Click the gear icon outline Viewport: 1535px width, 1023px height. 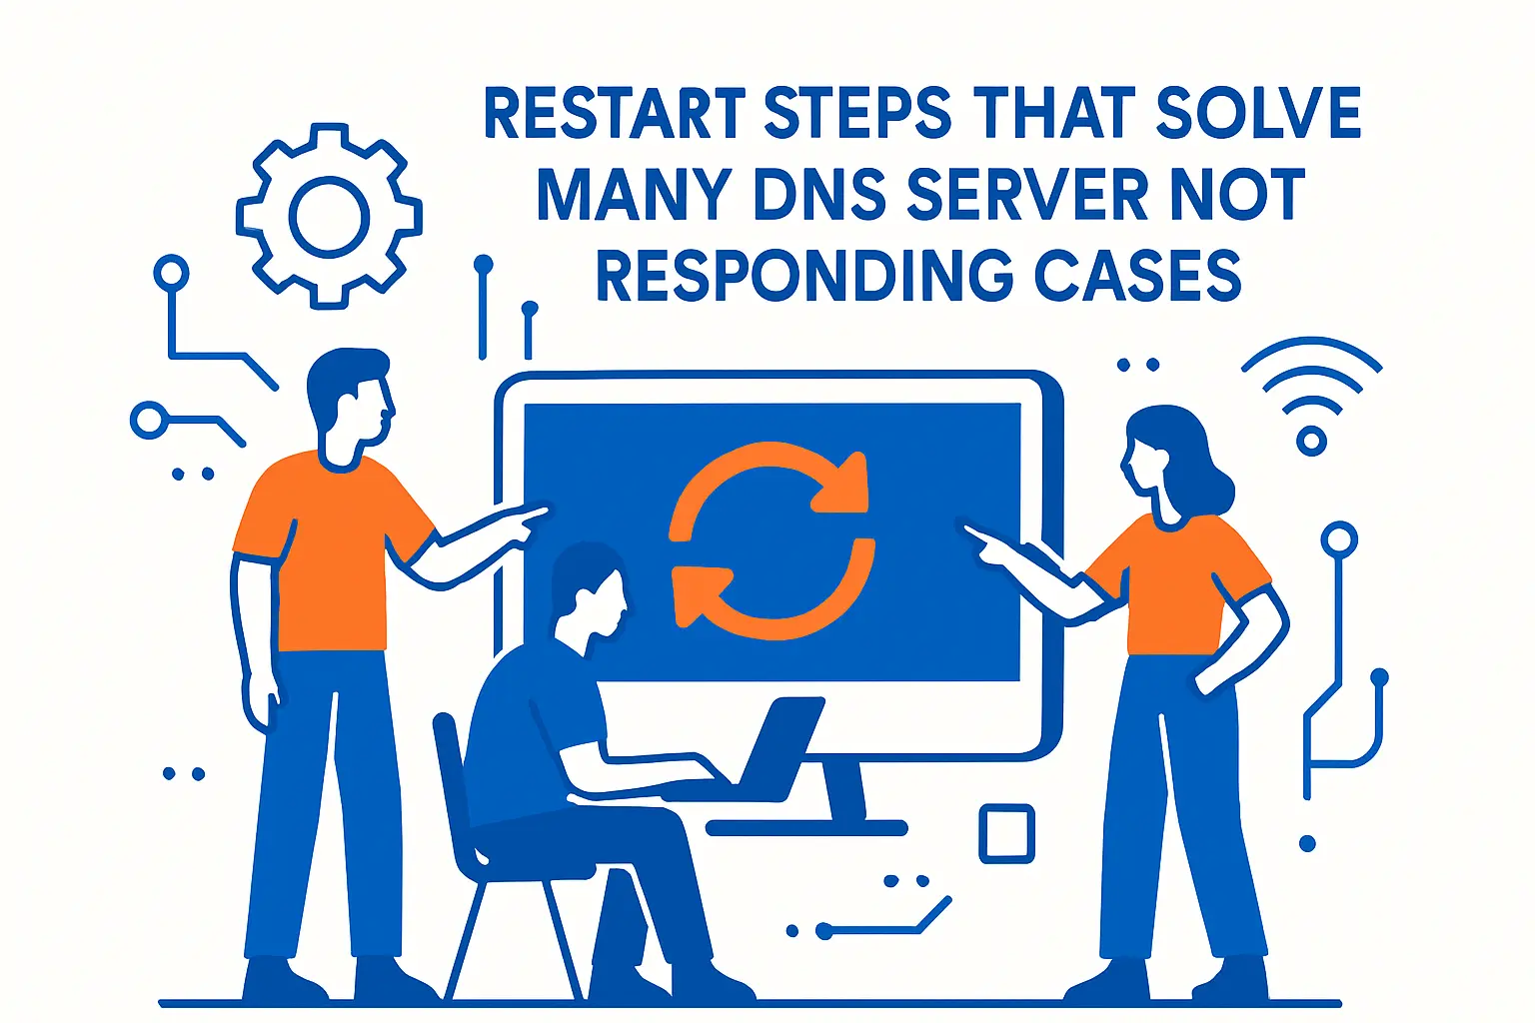tap(329, 216)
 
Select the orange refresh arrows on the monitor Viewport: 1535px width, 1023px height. tap(770, 539)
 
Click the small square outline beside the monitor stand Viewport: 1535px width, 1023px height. tap(1005, 833)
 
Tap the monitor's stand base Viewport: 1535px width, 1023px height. tap(805, 827)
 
